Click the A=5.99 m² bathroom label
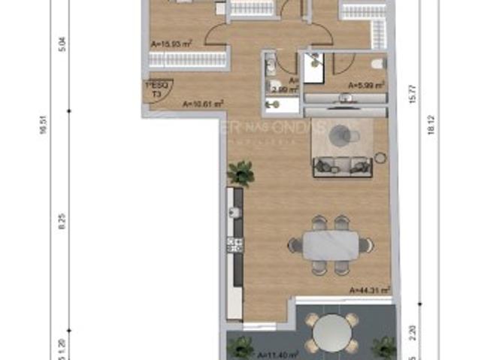point(366,85)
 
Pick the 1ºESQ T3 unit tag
point(157,90)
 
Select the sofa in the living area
point(342,165)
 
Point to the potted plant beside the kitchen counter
point(240,173)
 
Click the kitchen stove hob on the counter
point(234,244)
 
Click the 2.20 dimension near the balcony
point(410,328)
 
